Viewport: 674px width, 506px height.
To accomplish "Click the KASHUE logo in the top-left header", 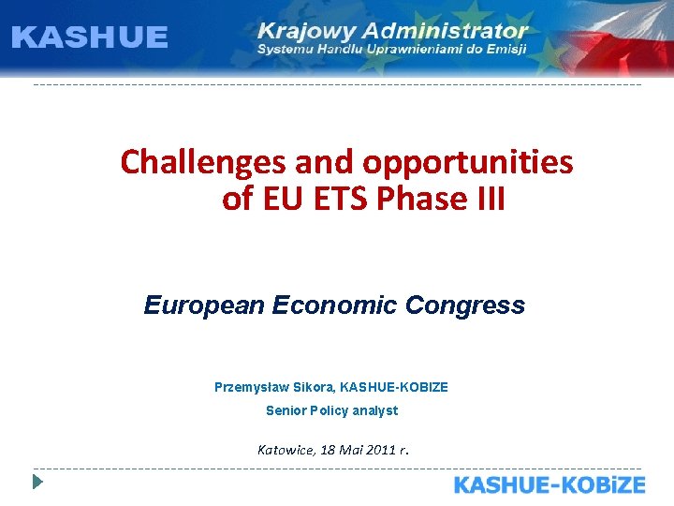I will click(x=90, y=37).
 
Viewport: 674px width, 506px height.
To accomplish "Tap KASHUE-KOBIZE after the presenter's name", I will click(x=394, y=386).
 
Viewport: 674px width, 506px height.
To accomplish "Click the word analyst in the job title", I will click(x=375, y=410).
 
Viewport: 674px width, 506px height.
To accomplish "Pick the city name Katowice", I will click(x=286, y=450).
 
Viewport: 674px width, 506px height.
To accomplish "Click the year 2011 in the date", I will click(x=379, y=450).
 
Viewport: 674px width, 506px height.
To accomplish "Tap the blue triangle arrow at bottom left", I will click(x=37, y=484).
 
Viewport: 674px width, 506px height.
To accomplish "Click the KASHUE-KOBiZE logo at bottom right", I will click(x=549, y=484).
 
